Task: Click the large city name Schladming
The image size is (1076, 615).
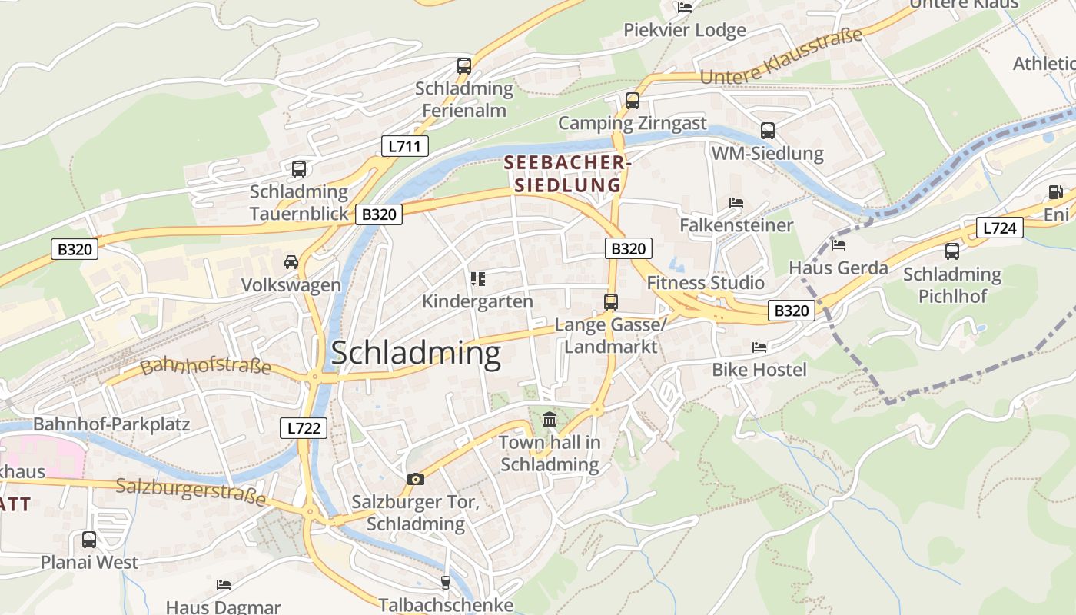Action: (x=416, y=353)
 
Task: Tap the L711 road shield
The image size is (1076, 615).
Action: (x=404, y=146)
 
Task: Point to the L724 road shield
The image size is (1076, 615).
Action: (x=999, y=228)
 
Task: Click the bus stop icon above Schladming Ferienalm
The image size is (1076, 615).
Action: (x=464, y=66)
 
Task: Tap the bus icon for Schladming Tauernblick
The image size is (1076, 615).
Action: (x=299, y=169)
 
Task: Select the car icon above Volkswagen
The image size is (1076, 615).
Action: (x=291, y=263)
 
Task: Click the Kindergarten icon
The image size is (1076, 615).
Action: (x=477, y=278)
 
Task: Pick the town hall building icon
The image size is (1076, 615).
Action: (x=550, y=420)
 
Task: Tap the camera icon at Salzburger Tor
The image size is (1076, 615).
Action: (x=416, y=480)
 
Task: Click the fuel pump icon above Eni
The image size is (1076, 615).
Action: (x=1055, y=192)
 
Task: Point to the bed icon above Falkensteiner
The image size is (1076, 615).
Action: (x=736, y=203)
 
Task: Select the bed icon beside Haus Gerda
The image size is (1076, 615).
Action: (x=839, y=245)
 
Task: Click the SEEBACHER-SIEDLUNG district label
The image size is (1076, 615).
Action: (x=568, y=174)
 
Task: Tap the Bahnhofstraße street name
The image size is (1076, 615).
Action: (x=205, y=366)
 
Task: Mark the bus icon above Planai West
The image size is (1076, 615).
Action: (x=89, y=540)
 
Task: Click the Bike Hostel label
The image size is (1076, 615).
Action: (x=759, y=370)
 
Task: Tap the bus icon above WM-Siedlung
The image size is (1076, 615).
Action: (x=767, y=131)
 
